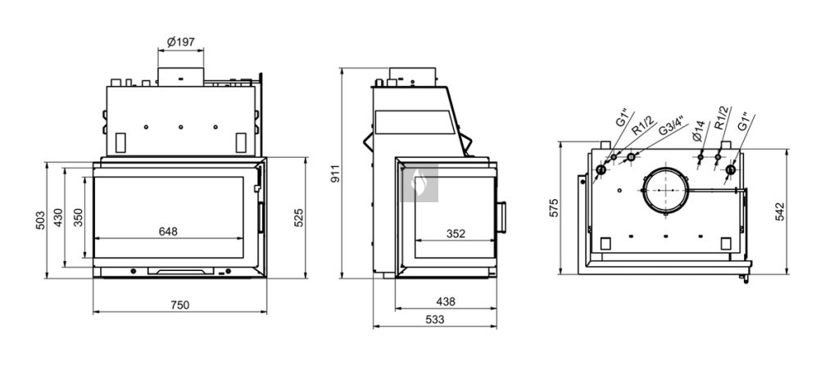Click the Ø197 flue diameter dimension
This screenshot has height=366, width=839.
coord(181,42)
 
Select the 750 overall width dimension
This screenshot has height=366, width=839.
coord(179,305)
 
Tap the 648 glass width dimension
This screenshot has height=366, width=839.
coord(168,231)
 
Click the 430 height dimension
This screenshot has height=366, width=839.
coord(58,218)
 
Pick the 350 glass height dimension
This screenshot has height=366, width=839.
coord(78,218)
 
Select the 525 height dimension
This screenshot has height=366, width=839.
coord(299,217)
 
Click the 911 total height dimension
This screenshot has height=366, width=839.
coord(335,174)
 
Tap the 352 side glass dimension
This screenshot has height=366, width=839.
coord(456,234)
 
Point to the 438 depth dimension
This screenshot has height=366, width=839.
coord(446,302)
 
